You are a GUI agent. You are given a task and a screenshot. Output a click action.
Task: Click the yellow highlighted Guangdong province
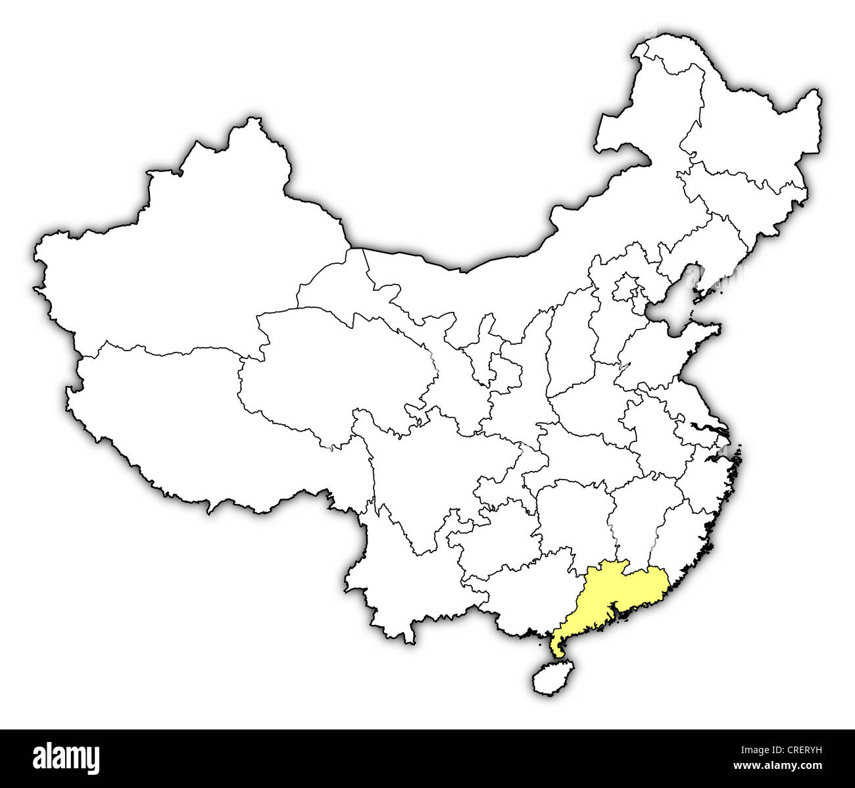tap(612, 592)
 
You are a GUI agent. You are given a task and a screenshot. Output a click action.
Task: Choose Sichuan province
tap(427, 474)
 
